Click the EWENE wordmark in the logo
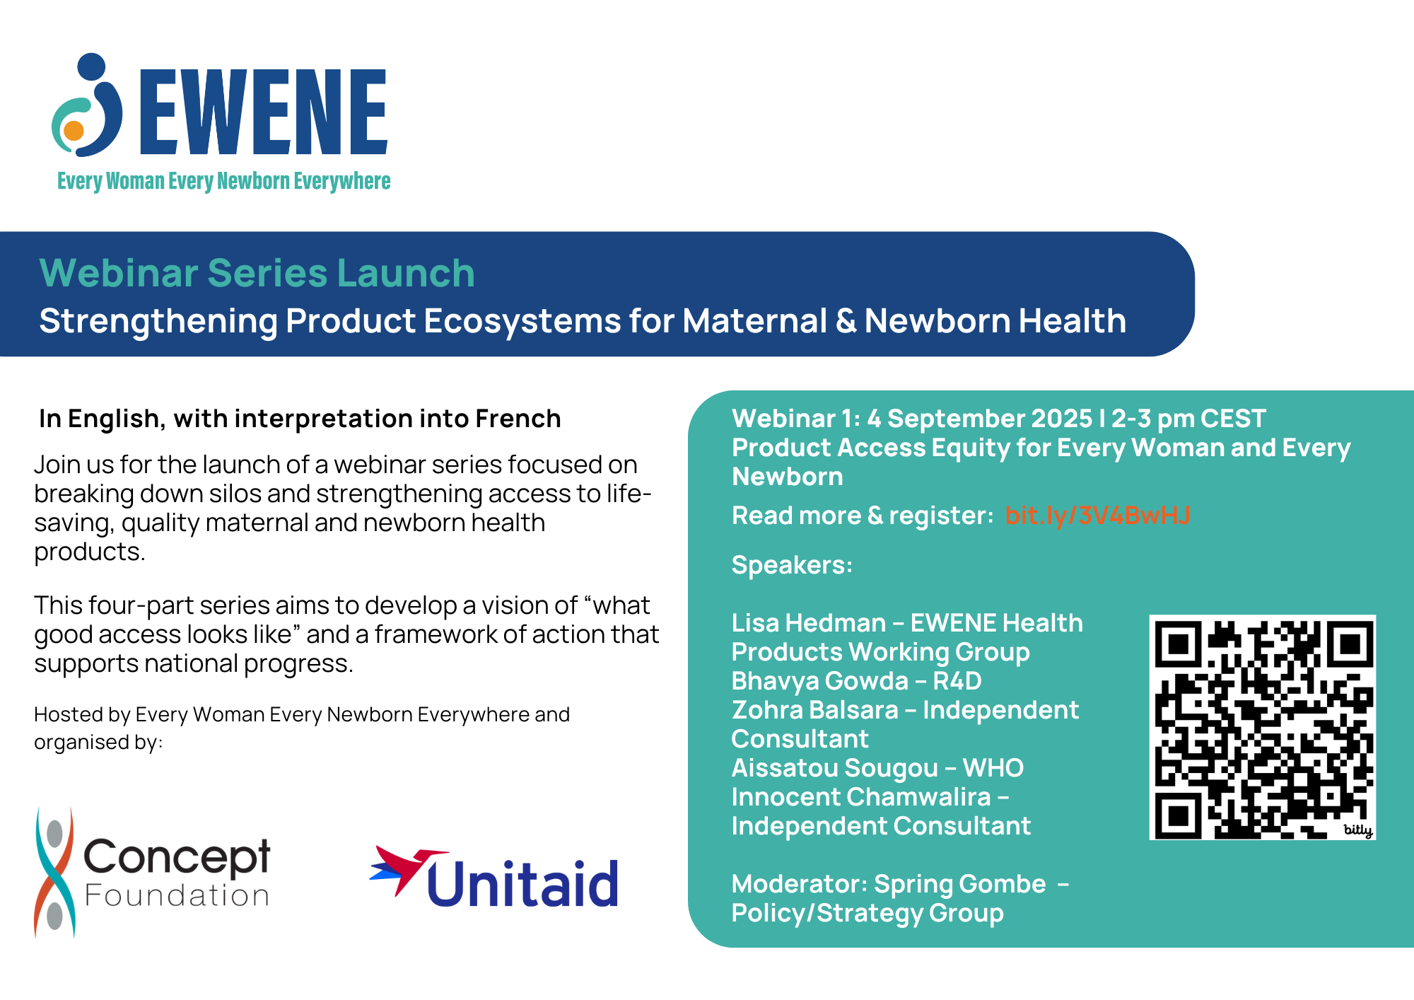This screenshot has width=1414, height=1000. tap(264, 112)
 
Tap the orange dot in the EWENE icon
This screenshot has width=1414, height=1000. tap(74, 131)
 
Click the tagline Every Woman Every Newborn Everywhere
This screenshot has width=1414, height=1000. tap(223, 181)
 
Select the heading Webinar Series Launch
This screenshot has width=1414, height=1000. tap(257, 273)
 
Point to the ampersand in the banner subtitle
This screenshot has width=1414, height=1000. tap(846, 321)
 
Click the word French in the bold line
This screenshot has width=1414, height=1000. tap(518, 419)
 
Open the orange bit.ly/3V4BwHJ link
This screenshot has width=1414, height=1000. tap(1097, 516)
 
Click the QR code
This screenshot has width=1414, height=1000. tap(1263, 728)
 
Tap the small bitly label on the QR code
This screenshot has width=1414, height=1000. tap(1357, 830)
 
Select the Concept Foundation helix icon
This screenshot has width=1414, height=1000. tap(54, 873)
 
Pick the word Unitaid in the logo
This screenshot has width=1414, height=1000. tap(522, 883)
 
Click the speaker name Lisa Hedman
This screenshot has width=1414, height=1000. tap(809, 623)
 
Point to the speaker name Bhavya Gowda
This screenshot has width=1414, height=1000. tap(820, 681)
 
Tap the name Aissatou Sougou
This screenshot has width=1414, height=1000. tap(835, 768)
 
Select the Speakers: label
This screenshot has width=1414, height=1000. tap(792, 565)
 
